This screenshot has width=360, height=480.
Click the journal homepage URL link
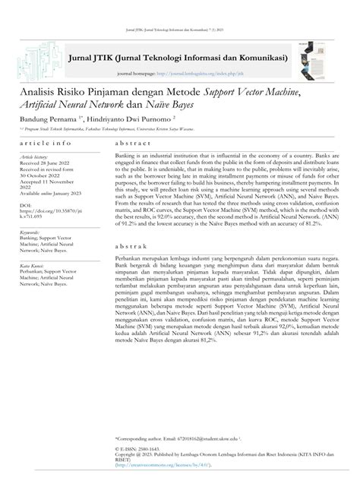tap(201, 74)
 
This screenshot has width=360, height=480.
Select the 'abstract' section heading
tap(132, 143)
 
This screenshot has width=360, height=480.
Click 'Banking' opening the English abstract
tap(128, 155)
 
